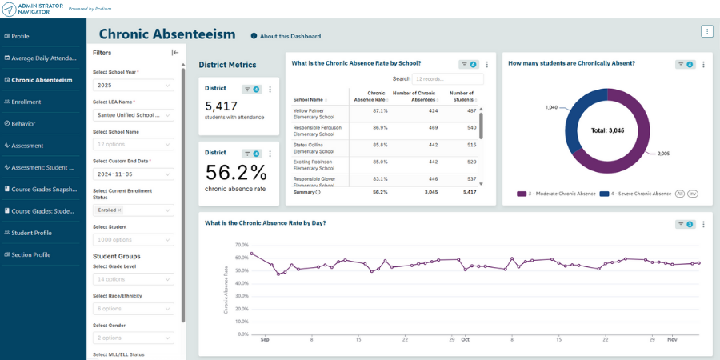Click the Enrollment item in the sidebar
click(x=26, y=102)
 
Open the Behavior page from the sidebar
click(x=23, y=124)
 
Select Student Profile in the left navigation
click(x=31, y=233)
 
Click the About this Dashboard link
click(x=290, y=36)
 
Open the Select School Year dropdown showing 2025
click(x=133, y=85)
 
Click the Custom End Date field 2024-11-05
click(x=133, y=174)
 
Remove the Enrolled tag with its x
click(x=119, y=210)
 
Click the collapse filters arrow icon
click(x=175, y=53)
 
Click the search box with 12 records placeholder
click(x=448, y=79)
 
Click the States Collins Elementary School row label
click(x=314, y=148)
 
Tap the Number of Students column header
click(x=462, y=97)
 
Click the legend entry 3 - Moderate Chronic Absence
click(x=556, y=194)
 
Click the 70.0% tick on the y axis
click(x=242, y=245)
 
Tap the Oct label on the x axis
click(x=465, y=338)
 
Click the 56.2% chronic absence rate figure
click(x=236, y=173)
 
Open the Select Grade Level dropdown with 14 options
click(x=133, y=279)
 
